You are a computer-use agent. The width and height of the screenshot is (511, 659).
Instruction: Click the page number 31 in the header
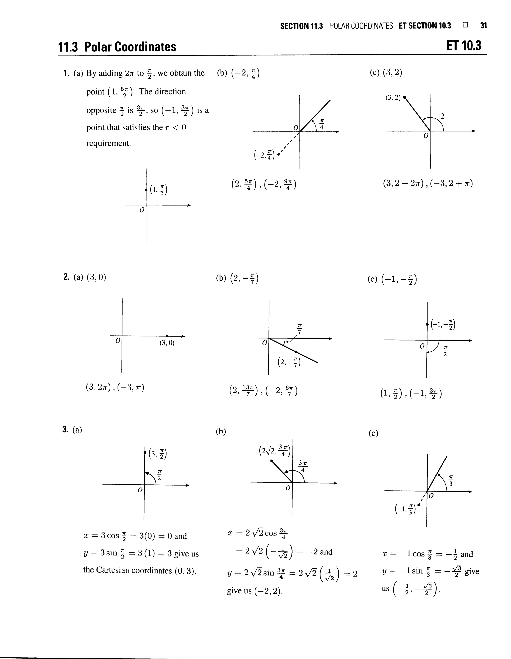tap(483, 26)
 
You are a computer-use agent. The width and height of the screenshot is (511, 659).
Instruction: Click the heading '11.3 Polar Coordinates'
tap(117, 47)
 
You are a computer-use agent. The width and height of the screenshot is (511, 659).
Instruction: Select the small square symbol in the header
tap(465, 25)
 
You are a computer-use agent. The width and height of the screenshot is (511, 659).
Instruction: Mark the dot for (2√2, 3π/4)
tap(272, 461)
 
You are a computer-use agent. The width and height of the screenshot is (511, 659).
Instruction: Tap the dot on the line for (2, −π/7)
tap(296, 352)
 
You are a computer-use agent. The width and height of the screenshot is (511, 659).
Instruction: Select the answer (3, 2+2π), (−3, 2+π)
tap(428, 183)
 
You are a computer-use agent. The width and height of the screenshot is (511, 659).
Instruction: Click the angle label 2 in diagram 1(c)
tap(442, 116)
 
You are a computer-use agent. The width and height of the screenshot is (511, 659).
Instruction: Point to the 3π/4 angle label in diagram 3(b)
tap(303, 466)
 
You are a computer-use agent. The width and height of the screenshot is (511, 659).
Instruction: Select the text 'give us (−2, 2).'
tap(255, 591)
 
